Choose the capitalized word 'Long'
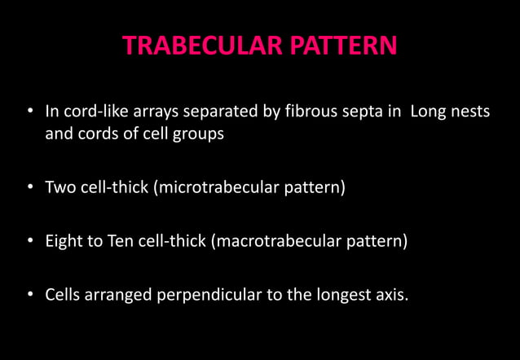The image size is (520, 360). pyautogui.click(x=429, y=111)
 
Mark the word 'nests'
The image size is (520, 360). pyautogui.click(x=470, y=111)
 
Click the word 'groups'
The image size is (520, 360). pyautogui.click(x=198, y=134)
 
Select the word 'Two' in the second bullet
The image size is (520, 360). pyautogui.click(x=60, y=188)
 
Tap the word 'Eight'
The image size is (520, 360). pyautogui.click(x=64, y=242)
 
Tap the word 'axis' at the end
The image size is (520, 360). pyautogui.click(x=389, y=295)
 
